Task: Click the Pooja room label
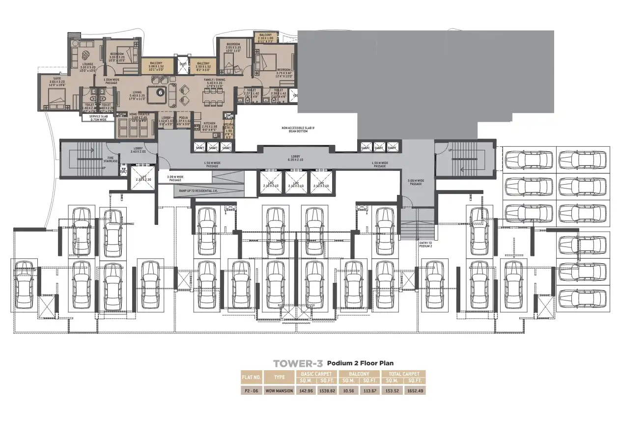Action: coord(183,118)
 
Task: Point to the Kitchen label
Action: coord(210,124)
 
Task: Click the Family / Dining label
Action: coord(215,80)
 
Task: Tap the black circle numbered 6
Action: coord(160,91)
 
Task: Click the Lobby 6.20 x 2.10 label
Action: coord(296,159)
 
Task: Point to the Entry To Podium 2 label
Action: coord(425,244)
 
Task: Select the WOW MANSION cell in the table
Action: coord(279,391)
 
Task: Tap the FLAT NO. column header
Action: coord(251,377)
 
